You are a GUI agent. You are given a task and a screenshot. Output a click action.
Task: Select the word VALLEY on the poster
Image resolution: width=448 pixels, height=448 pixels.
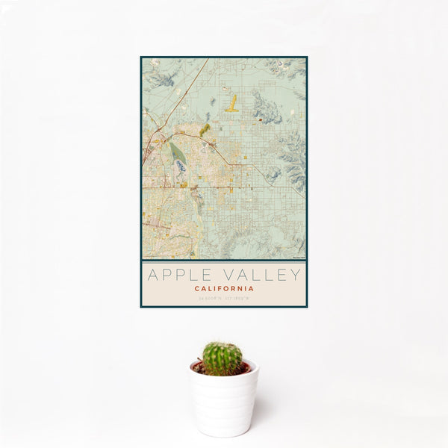tap(258, 275)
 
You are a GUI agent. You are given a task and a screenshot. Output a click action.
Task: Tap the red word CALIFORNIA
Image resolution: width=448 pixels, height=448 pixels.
tap(224, 288)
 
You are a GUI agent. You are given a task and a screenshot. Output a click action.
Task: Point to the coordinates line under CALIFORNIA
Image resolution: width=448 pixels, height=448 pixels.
tap(224, 299)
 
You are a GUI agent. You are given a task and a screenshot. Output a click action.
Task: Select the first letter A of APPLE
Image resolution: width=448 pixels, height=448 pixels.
tap(152, 275)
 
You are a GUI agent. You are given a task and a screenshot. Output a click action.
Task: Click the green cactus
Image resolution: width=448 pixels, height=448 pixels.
tap(222, 358)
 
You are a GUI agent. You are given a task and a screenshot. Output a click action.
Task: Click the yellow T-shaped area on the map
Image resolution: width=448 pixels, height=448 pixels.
tap(232, 104)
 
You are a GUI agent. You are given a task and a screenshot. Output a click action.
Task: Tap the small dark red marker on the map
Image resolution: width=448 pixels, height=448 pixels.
tap(260, 119)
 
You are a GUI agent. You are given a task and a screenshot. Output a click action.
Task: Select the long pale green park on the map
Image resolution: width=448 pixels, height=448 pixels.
tap(176, 152)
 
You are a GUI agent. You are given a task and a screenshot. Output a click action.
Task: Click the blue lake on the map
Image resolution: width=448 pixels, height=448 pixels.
tap(181, 166)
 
